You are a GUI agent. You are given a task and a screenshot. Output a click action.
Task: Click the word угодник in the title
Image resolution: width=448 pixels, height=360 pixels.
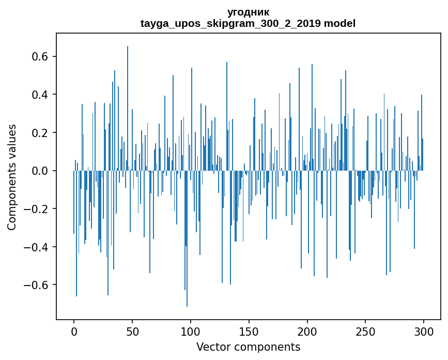(248, 12)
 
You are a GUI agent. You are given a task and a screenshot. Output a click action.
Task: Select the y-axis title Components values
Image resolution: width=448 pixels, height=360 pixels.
(12, 177)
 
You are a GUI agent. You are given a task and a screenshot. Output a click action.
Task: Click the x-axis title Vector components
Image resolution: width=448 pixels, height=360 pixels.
(248, 347)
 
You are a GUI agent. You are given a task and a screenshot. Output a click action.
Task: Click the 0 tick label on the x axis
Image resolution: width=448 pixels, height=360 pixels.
(74, 331)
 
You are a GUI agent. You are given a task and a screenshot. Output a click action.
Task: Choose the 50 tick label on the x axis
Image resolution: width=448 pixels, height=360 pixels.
(132, 331)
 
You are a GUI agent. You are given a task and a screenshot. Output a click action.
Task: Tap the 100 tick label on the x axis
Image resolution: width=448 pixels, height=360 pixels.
(191, 331)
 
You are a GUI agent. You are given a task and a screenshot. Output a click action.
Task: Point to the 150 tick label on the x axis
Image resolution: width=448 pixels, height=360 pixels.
(249, 331)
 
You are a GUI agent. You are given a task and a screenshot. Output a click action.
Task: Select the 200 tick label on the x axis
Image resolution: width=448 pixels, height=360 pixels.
(307, 331)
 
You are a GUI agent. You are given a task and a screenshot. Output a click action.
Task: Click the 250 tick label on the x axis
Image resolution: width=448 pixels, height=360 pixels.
(366, 331)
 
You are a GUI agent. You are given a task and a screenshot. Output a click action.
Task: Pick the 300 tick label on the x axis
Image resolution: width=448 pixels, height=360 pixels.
(424, 331)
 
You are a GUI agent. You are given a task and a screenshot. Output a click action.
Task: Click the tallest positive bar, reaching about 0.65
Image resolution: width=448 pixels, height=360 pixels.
(128, 103)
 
